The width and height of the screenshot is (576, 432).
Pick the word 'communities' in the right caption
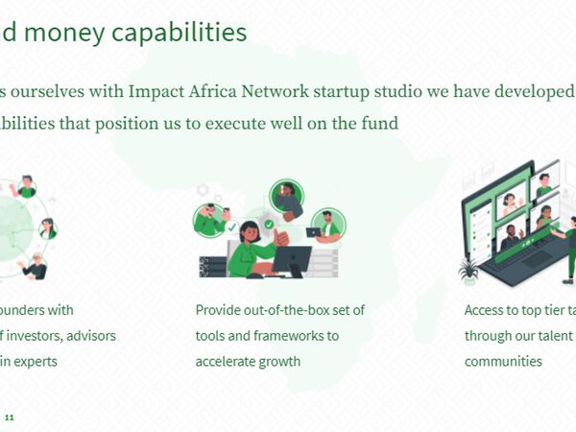point(503,362)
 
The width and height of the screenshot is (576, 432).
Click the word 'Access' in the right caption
point(486,311)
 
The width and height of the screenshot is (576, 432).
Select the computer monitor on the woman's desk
point(292,260)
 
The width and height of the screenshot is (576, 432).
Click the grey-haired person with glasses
point(36,266)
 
